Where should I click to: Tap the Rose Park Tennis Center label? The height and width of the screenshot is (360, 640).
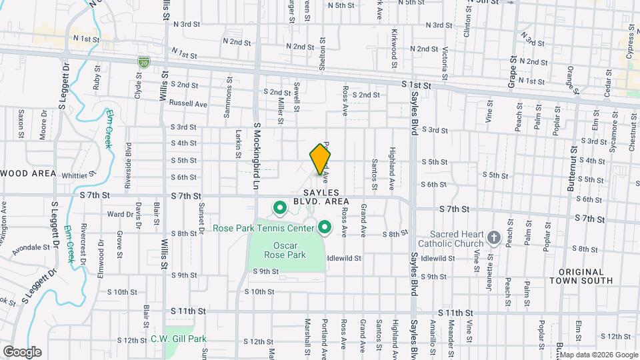[264, 228]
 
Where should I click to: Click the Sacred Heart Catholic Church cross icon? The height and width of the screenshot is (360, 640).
[494, 237]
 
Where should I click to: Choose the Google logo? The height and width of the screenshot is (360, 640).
[22, 351]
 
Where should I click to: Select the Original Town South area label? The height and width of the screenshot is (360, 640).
[581, 276]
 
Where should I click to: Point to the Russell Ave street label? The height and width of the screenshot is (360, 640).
[188, 104]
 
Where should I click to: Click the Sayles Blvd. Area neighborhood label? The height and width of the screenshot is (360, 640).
[321, 196]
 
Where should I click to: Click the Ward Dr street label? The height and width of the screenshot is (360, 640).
[120, 215]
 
